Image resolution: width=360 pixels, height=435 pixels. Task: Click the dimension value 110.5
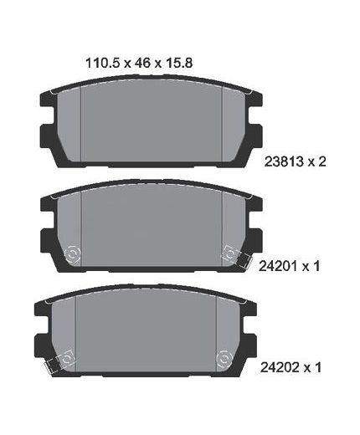tap(102, 63)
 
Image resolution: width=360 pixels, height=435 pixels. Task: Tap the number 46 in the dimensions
tap(142, 63)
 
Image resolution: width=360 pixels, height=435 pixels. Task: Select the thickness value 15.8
tap(179, 63)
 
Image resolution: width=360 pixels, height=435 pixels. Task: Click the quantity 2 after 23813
tap(321, 161)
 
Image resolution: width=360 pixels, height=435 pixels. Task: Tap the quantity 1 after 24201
tap(316, 266)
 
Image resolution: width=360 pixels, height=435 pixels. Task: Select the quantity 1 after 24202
tap(317, 367)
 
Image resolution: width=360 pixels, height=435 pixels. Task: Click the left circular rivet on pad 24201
tap(72, 254)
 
